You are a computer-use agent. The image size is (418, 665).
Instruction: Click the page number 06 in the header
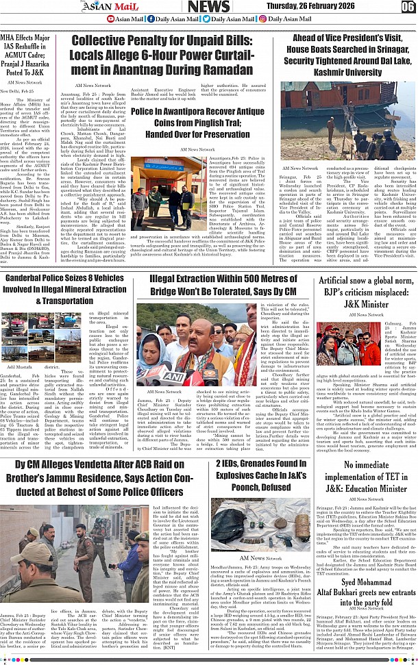point(408,6)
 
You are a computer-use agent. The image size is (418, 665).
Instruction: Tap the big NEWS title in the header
point(208,6)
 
